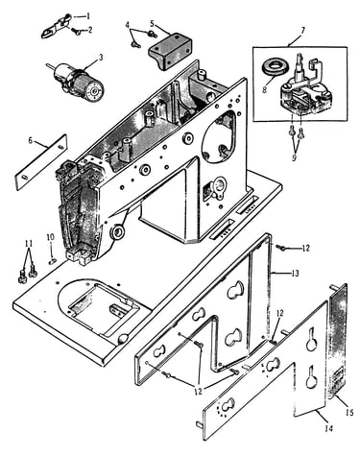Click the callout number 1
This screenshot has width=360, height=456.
click(x=88, y=15)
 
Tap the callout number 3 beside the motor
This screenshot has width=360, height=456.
click(x=101, y=58)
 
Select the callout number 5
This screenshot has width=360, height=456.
click(x=152, y=23)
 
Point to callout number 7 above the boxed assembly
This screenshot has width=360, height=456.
click(x=302, y=30)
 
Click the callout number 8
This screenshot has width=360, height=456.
click(x=265, y=89)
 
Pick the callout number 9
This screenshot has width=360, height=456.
click(x=295, y=157)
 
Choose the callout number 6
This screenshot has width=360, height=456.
click(x=31, y=140)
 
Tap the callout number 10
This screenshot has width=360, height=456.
click(x=51, y=237)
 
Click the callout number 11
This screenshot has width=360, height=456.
click(x=29, y=244)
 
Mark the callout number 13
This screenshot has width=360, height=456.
click(x=295, y=274)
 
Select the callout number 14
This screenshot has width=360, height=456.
click(x=329, y=428)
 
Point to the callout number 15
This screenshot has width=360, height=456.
click(x=349, y=413)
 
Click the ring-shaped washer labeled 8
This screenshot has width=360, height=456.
click(x=277, y=69)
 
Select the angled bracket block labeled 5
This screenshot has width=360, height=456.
click(x=170, y=51)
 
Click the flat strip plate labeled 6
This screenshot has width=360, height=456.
click(x=41, y=162)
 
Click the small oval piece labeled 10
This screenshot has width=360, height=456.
click(x=53, y=261)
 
